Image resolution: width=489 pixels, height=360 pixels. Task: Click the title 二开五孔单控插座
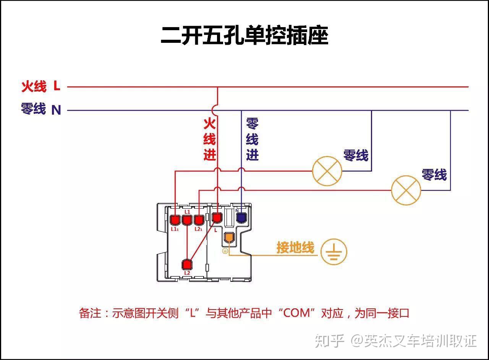pos(244,36)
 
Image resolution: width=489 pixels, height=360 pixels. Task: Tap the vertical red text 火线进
pos(209,139)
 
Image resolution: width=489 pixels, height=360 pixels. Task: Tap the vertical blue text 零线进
pos(252,139)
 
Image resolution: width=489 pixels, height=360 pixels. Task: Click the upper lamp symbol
pos(327,171)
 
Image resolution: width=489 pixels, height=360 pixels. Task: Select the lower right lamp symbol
pos(406,190)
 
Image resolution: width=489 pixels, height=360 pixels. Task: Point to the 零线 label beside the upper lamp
pos(356,156)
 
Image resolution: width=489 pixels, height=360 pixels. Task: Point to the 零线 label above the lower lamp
pos(434,175)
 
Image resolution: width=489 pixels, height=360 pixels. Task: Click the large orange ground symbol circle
pos(334,252)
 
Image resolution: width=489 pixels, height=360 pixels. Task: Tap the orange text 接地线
pos(295,248)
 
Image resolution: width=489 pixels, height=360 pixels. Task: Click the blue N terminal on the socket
pos(241,218)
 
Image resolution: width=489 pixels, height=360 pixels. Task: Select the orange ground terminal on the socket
pos(228,238)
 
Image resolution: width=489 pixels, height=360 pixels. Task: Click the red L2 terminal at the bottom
pos(187,264)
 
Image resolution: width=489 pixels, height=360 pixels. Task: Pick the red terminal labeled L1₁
pos(175,220)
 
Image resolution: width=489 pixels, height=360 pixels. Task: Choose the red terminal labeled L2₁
pos(198,220)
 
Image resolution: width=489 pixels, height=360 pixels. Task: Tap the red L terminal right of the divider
pos(217,218)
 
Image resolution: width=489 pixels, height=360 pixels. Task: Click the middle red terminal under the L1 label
pos(187,220)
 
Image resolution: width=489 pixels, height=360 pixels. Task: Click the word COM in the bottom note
pos(299,313)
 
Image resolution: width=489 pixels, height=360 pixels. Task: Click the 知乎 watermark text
pos(330,341)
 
